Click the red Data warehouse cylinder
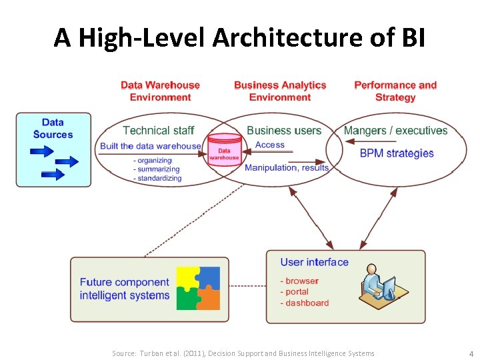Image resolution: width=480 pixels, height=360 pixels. click(x=224, y=149)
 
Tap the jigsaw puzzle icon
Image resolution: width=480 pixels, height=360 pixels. click(x=198, y=288)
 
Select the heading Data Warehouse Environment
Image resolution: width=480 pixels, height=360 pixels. click(x=160, y=91)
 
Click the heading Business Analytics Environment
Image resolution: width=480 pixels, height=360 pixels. click(x=280, y=91)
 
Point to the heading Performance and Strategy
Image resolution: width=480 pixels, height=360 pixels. click(x=395, y=91)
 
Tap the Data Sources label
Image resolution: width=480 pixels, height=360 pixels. click(x=53, y=128)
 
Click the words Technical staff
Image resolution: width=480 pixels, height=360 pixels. click(x=159, y=131)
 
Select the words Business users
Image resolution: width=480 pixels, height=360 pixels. click(x=284, y=131)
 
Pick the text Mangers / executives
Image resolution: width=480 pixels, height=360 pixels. click(x=395, y=131)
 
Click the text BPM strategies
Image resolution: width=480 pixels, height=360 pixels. click(x=397, y=153)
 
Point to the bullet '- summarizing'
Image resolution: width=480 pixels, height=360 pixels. click(x=157, y=169)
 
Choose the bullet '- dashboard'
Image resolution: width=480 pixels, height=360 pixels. click(x=305, y=303)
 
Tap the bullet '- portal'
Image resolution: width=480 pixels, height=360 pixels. click(x=295, y=292)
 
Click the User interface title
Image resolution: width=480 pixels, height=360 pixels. click(x=314, y=262)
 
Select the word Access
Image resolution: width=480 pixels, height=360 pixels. click(x=270, y=145)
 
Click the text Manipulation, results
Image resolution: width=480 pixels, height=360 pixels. click(x=287, y=167)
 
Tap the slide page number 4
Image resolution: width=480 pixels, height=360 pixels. click(x=471, y=353)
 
